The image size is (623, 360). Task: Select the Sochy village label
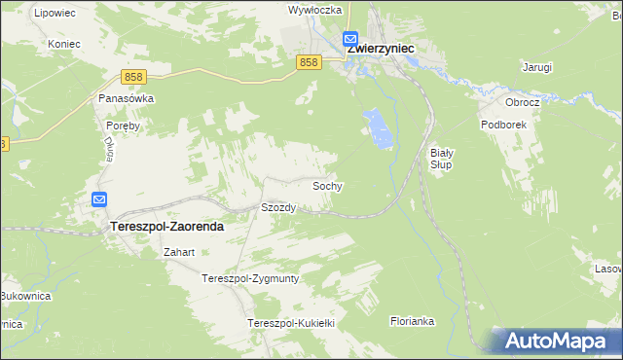coord(326,185)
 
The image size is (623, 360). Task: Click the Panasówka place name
coord(127,98)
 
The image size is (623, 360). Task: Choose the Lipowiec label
coord(54,12)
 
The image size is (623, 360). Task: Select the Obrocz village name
coord(522,101)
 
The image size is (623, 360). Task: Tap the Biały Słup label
coord(443,159)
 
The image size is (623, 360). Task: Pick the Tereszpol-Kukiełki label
coord(291,322)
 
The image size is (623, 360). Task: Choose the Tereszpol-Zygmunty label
coord(250,278)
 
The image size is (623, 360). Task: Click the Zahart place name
coord(180,252)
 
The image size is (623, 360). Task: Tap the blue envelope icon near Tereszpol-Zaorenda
coord(100,200)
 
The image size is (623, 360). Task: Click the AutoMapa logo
coord(555,342)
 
